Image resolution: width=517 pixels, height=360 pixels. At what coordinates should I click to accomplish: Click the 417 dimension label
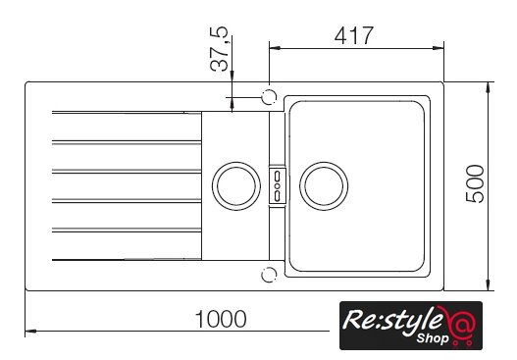(x=354, y=35)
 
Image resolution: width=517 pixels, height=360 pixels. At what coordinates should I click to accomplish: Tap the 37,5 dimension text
(x=219, y=49)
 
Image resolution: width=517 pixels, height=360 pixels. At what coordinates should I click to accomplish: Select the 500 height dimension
(x=475, y=183)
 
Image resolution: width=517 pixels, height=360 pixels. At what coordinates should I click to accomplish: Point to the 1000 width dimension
(x=221, y=319)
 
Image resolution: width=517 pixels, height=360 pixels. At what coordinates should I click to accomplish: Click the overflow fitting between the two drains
(x=278, y=185)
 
